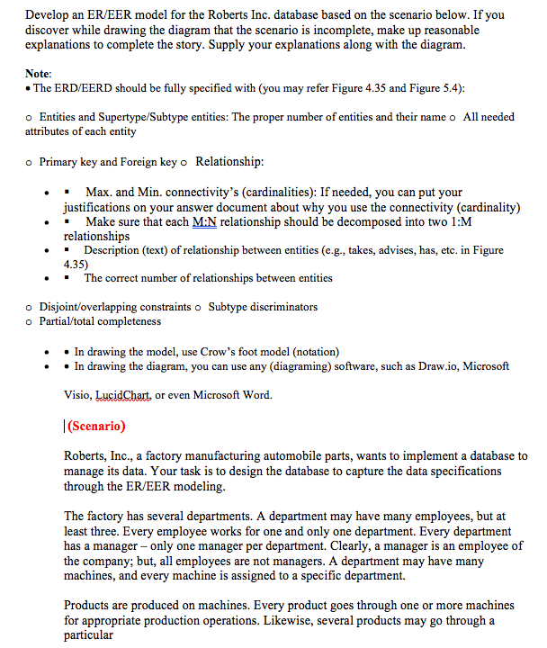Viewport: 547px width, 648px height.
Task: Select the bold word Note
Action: tap(38, 73)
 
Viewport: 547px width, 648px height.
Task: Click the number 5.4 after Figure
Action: tap(450, 87)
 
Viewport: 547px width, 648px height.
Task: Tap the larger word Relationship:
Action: tap(229, 161)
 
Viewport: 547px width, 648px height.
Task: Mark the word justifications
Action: tap(118, 207)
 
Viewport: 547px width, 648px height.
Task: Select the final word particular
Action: tap(88, 634)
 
